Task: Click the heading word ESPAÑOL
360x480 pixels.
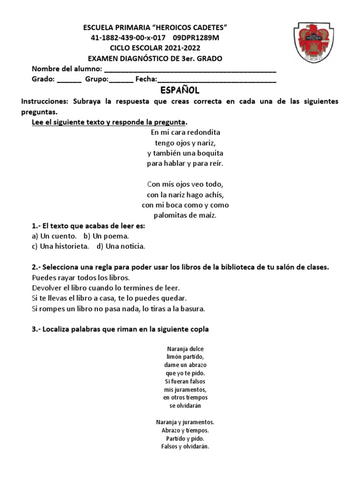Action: [x=180, y=90]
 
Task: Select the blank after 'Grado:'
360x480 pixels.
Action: [x=69, y=80]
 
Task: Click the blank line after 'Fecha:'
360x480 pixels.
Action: [x=217, y=80]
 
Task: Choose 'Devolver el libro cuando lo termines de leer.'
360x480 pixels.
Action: [x=105, y=287]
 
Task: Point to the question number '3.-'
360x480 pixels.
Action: [x=37, y=330]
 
